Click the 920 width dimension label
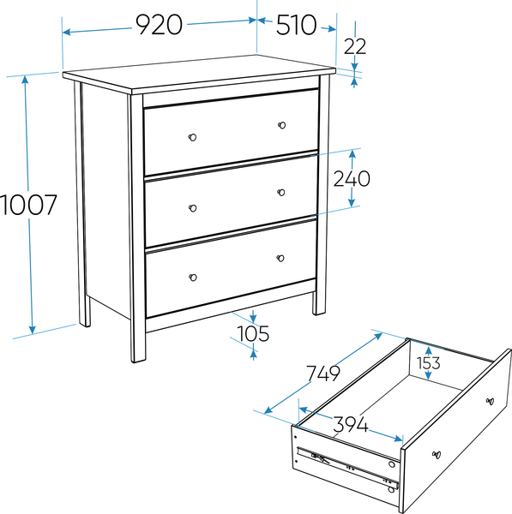click(160, 25)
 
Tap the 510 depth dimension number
click(297, 25)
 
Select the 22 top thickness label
click(355, 46)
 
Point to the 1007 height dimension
click(29, 205)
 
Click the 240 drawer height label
click(352, 179)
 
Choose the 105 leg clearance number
click(253, 334)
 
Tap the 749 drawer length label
click(323, 374)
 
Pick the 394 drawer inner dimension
click(351, 424)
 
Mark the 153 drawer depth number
click(428, 363)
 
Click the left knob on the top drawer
click(192, 137)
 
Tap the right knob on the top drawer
click(281, 125)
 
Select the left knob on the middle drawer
click(193, 208)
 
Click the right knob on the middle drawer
click(281, 192)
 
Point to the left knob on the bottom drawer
click(193, 278)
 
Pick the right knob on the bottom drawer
click(280, 258)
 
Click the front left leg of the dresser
click(137, 228)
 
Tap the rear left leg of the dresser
click(81, 204)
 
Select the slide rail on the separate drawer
click(348, 465)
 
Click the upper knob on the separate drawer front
click(490, 401)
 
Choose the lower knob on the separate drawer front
click(437, 455)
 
